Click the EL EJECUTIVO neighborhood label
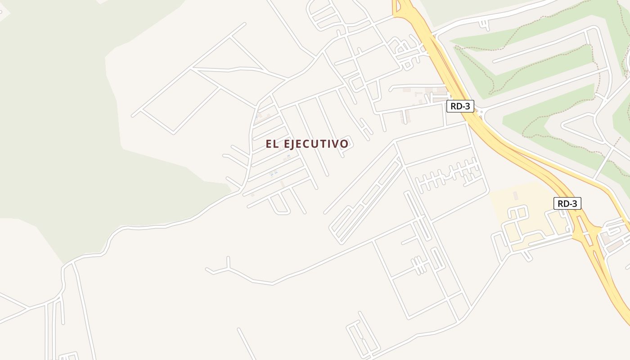[307, 144]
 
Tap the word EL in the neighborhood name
[270, 144]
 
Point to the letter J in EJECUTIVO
[294, 144]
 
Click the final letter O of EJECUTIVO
[344, 144]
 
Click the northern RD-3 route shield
[460, 106]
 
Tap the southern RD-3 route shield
[567, 203]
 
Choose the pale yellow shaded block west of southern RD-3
[522, 211]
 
